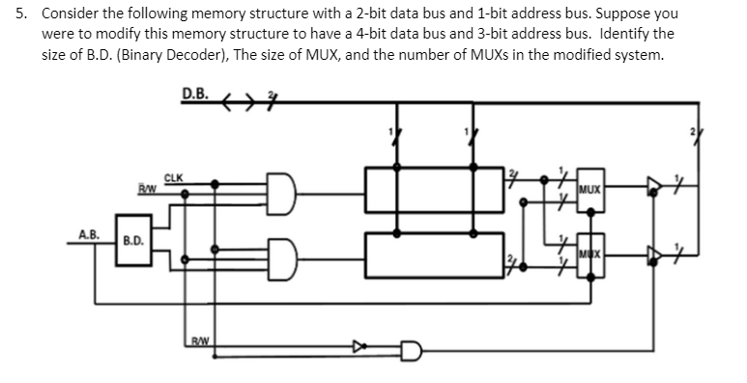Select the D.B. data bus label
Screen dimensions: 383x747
[194, 94]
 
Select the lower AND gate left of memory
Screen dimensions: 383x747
[284, 256]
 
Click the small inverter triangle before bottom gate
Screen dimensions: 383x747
[360, 343]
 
